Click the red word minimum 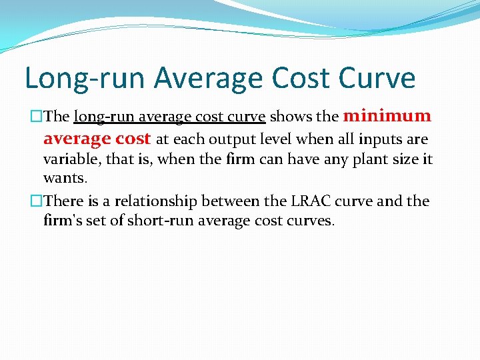[387, 116]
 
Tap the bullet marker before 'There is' [37, 201]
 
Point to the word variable [67, 160]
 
